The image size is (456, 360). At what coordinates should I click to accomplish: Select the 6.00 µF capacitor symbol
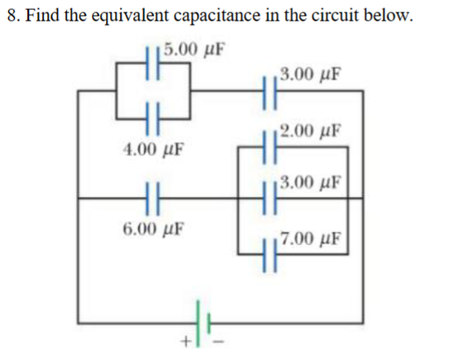coord(152,197)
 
